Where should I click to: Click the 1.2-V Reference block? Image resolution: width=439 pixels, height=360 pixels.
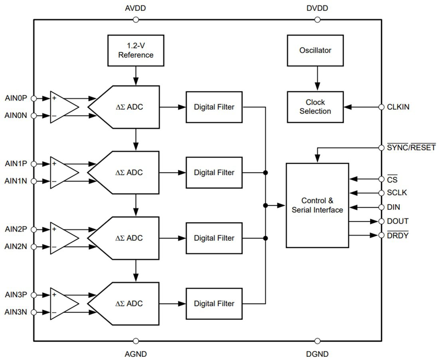click(136, 50)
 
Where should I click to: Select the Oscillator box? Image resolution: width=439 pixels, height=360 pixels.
click(315, 50)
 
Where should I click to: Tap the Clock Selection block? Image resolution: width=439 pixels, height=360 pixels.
click(315, 107)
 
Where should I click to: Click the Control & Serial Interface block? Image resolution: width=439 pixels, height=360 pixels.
click(317, 205)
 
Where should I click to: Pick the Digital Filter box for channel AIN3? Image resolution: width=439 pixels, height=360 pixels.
click(214, 303)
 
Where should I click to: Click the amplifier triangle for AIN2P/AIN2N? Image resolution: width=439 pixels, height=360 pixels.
click(63, 238)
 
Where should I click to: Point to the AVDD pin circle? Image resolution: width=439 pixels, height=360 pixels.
click(136, 20)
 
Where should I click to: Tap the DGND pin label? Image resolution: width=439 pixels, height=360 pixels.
click(317, 354)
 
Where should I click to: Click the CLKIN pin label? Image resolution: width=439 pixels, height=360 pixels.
click(398, 107)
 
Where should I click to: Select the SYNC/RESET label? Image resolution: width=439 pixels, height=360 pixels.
click(411, 148)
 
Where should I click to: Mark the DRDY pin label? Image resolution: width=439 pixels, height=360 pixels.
click(397, 235)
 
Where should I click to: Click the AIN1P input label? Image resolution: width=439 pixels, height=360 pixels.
click(16, 163)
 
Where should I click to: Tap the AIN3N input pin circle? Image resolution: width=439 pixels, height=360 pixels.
click(34, 312)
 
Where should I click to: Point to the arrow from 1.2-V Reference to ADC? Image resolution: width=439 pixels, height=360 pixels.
click(136, 75)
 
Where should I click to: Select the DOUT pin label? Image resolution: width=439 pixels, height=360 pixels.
click(397, 221)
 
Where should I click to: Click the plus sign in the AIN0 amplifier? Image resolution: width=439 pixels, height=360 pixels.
click(54, 98)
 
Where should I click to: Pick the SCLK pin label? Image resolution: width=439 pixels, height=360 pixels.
click(397, 193)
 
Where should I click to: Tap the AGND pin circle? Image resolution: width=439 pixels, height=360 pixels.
click(136, 341)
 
